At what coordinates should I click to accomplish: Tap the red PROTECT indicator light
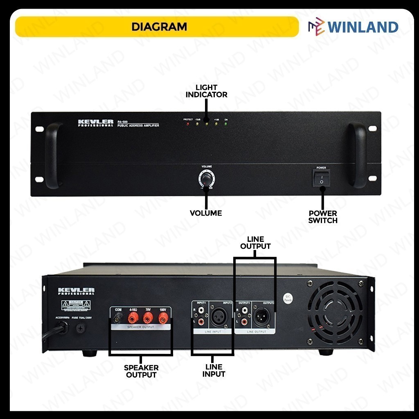[x=188, y=124]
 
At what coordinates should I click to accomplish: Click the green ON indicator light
[x=226, y=124]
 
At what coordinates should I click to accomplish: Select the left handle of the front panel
[x=53, y=155]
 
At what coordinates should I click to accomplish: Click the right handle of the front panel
[x=358, y=155]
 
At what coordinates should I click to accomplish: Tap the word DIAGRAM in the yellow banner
[x=159, y=27]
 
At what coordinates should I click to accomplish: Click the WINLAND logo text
[x=363, y=27]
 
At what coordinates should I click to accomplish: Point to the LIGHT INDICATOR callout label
[x=206, y=91]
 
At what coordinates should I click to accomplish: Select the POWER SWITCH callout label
[x=323, y=216]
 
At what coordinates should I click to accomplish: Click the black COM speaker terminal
[x=119, y=318]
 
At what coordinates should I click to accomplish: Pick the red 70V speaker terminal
[x=148, y=318]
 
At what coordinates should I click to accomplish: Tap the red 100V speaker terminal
[x=163, y=318]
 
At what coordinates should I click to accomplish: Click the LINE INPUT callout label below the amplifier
[x=214, y=370]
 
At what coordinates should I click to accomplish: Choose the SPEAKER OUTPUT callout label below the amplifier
[x=141, y=371]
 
